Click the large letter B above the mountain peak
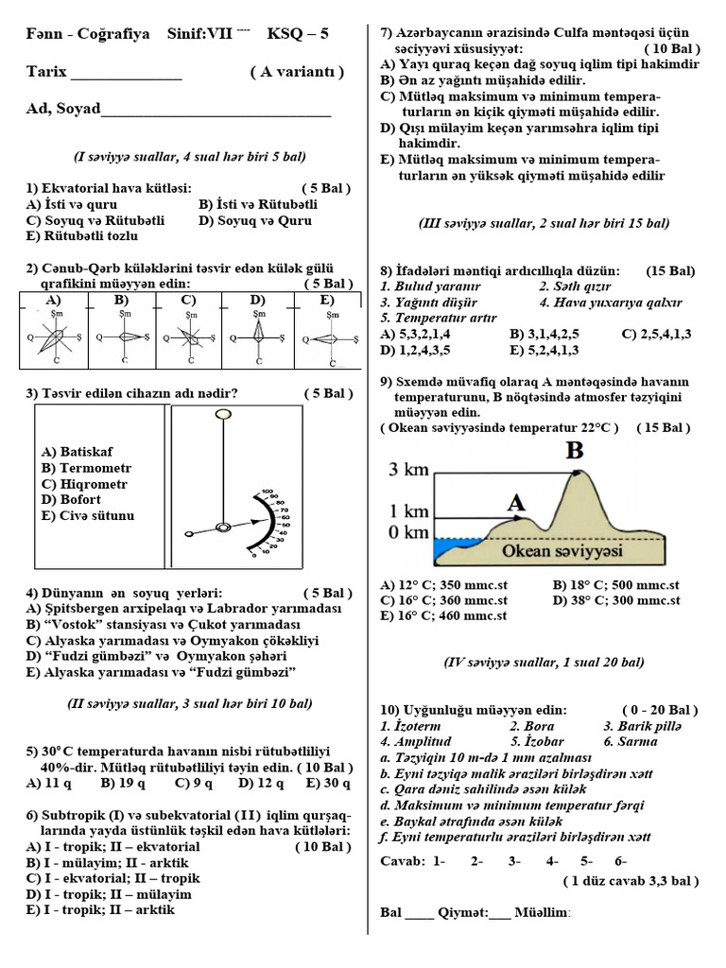coord(574,451)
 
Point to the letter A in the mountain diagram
coord(516,503)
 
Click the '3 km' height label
coord(409,470)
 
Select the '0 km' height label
coord(409,532)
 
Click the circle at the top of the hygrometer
coord(223,414)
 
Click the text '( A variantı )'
coord(297,72)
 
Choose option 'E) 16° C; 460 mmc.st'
coord(443,615)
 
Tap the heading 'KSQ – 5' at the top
coord(298,34)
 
